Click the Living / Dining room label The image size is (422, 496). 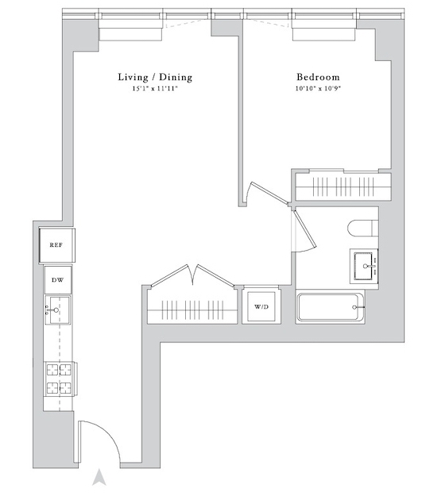click(x=155, y=78)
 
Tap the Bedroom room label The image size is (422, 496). click(x=318, y=77)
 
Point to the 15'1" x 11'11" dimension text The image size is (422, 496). click(x=155, y=89)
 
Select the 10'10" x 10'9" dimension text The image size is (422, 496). click(x=318, y=89)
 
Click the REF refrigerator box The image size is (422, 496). click(x=56, y=245)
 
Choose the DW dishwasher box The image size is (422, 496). click(x=58, y=280)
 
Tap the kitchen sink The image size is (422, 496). click(x=57, y=310)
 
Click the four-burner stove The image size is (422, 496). click(x=59, y=379)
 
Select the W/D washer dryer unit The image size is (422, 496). click(x=261, y=306)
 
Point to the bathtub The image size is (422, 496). click(x=330, y=307)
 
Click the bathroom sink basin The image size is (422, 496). click(x=365, y=266)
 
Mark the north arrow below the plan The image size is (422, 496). click(x=99, y=477)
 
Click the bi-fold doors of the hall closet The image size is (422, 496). click(x=193, y=276)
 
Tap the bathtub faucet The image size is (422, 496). click(x=358, y=307)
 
